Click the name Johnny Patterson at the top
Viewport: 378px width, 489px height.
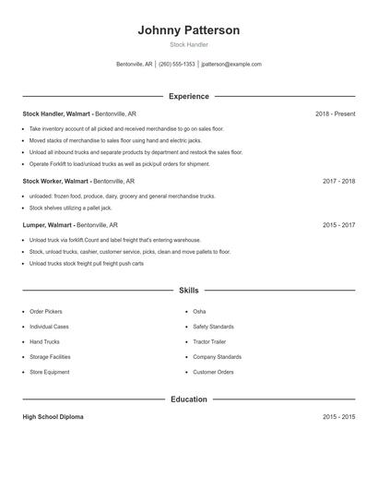(189, 30)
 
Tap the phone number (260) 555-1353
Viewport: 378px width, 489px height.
(177, 65)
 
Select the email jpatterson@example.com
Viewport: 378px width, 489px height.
(231, 65)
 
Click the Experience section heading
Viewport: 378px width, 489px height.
(189, 96)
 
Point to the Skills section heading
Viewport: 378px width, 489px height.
(189, 291)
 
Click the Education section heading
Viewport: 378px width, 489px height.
(189, 400)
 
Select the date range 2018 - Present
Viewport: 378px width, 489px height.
(335, 113)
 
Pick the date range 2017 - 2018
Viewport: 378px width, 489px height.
(338, 182)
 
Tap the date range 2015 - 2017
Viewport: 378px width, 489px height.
(338, 224)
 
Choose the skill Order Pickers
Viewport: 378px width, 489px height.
(46, 312)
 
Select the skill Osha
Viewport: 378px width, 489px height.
(199, 312)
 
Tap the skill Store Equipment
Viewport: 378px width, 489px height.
(49, 372)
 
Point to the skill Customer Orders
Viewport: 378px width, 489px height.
(213, 372)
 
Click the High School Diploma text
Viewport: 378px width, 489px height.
(53, 417)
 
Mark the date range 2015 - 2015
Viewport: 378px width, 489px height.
(338, 417)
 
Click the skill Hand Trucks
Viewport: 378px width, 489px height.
(44, 341)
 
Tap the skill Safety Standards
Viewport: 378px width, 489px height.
(214, 327)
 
